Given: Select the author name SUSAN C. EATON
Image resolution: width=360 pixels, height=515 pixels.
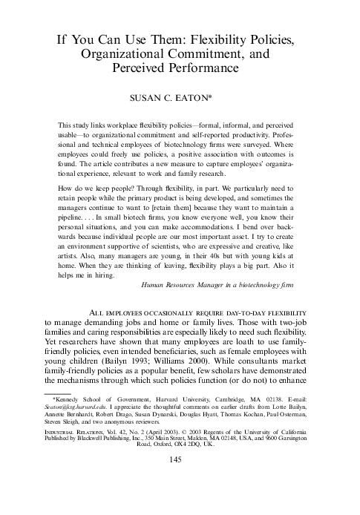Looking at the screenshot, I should pyautogui.click(x=178, y=96).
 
